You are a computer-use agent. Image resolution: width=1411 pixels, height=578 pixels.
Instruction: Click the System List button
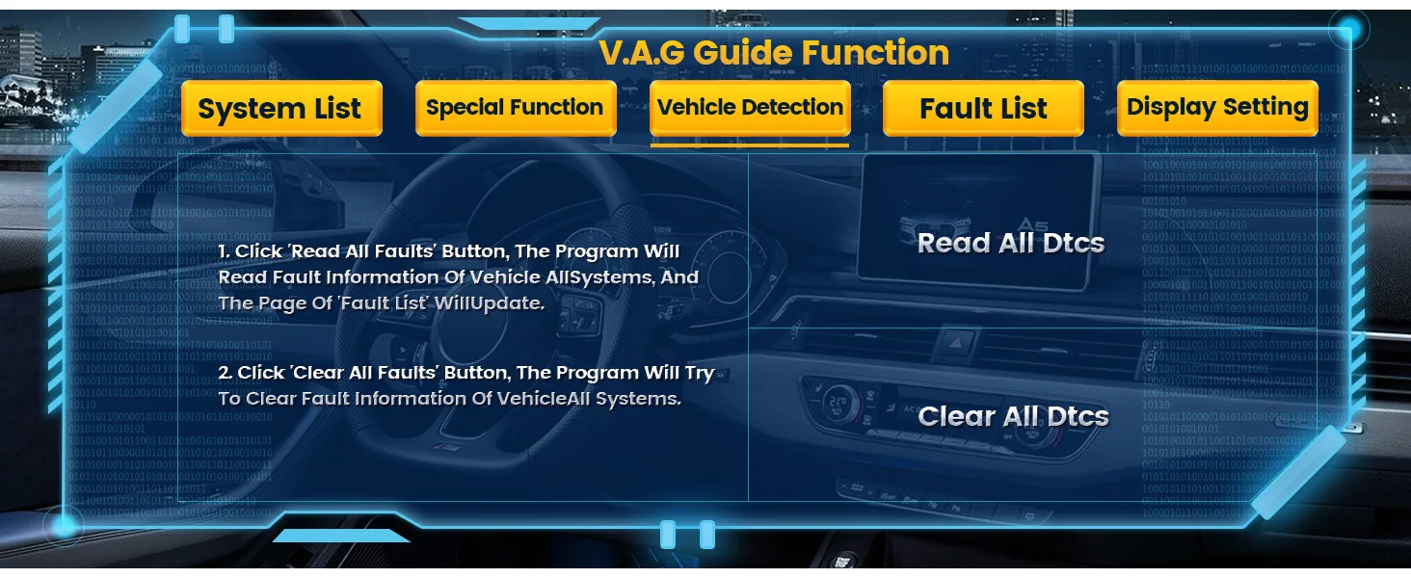[281, 108]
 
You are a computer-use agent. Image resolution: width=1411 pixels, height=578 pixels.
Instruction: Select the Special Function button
[516, 108]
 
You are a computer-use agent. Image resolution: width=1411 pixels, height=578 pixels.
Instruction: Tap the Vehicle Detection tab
[750, 108]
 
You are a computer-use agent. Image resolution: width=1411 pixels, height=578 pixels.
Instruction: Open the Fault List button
[983, 108]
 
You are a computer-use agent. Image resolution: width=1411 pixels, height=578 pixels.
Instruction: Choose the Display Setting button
[1217, 108]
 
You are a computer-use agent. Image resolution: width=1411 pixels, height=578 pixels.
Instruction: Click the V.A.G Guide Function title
[774, 53]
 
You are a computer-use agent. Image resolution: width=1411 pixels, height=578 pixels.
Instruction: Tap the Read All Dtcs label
[1011, 243]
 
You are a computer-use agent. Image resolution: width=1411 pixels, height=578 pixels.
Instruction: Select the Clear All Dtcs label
[1014, 416]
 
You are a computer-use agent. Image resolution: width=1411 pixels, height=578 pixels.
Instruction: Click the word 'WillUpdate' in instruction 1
[489, 303]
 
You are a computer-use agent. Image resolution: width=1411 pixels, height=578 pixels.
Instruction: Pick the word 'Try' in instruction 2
[699, 374]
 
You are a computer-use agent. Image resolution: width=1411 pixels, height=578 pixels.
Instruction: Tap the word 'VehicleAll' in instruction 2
[544, 399]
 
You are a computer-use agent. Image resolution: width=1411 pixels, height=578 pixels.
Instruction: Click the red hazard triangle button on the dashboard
[956, 343]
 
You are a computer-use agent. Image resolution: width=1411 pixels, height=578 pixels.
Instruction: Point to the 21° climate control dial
[839, 402]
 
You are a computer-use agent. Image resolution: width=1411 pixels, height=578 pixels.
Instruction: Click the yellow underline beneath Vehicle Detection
[750, 145]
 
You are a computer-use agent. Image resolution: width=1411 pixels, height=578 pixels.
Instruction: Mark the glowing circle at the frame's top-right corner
[1348, 29]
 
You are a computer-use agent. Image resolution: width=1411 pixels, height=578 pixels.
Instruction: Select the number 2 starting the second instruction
[225, 373]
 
